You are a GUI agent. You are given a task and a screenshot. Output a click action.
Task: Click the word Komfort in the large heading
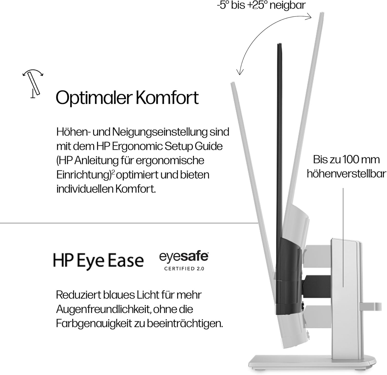tap(167, 98)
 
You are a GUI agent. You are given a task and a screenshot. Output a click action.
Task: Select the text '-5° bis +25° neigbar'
tap(261, 5)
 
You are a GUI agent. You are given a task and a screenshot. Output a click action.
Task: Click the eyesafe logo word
tap(184, 257)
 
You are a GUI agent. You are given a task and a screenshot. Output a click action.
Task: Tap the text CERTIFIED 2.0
tap(184, 269)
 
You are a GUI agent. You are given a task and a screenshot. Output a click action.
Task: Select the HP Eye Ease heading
tap(98, 261)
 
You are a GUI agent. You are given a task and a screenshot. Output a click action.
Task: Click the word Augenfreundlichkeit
tap(103, 309)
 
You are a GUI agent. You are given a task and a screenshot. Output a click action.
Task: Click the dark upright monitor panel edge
tap(279, 142)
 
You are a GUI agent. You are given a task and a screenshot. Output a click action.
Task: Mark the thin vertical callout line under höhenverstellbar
tap(343, 237)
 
